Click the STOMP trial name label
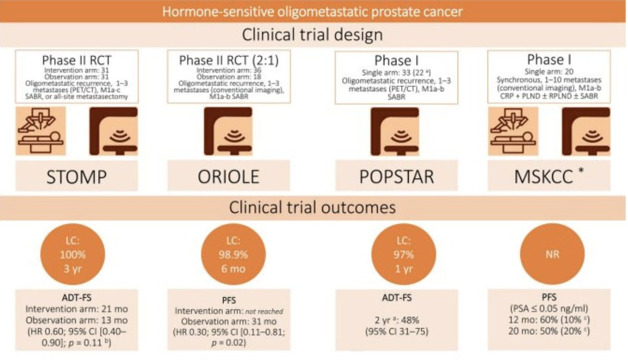tap(76, 177)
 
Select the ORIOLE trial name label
tap(229, 177)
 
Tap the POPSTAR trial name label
tap(397, 177)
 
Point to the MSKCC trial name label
tap(543, 177)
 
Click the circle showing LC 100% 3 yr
tap(73, 254)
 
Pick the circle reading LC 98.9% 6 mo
tap(233, 254)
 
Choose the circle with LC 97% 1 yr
tap(403, 254)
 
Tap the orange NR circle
tap(552, 254)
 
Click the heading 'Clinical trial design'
tap(312, 35)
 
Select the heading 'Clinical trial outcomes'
tap(312, 208)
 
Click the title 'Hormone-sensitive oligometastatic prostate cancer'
tap(312, 12)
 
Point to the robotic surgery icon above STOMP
tap(41, 131)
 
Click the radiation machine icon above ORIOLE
tap(228, 131)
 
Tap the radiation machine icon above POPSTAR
tap(395, 131)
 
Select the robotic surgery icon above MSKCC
tap(513, 131)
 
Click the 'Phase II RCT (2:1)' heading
tap(229, 60)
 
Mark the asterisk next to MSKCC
tap(581, 171)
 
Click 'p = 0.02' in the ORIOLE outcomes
tap(229, 343)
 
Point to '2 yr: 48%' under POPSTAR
tap(397, 320)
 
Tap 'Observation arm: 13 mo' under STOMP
tap(76, 320)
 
